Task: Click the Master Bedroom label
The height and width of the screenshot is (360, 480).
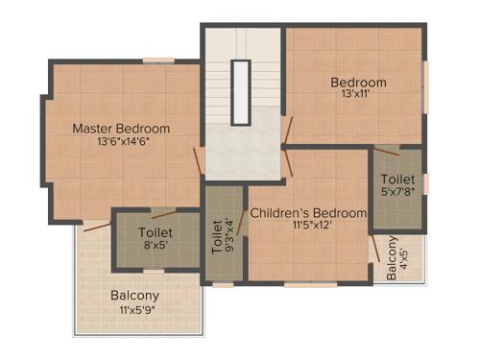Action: click(121, 129)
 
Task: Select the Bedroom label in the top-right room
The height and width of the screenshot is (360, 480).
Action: click(359, 82)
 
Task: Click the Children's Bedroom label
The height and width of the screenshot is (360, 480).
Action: click(308, 212)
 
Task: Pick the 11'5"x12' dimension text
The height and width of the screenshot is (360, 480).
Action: click(308, 226)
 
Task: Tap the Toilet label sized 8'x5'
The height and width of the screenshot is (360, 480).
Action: click(156, 232)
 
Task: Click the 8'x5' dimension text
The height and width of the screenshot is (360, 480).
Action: click(156, 246)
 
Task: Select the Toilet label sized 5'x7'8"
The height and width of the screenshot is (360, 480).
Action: click(397, 180)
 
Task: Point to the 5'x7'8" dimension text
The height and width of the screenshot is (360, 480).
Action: click(397, 193)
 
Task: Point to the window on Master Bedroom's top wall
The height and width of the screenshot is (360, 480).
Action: click(158, 60)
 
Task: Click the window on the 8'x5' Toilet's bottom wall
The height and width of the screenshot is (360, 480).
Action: click(154, 272)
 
